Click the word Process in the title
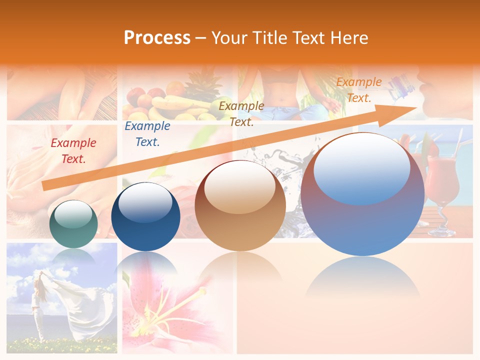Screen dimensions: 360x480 pos(157,38)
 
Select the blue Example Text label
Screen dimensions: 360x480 pos(147,134)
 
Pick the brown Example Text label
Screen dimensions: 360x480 pos(241,113)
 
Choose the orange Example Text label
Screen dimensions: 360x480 pos(358,90)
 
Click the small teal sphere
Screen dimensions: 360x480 pos(73,224)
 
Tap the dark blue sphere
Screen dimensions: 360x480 pos(145,216)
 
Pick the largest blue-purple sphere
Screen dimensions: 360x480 pos(362,195)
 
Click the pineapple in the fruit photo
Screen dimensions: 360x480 pos(202,85)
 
